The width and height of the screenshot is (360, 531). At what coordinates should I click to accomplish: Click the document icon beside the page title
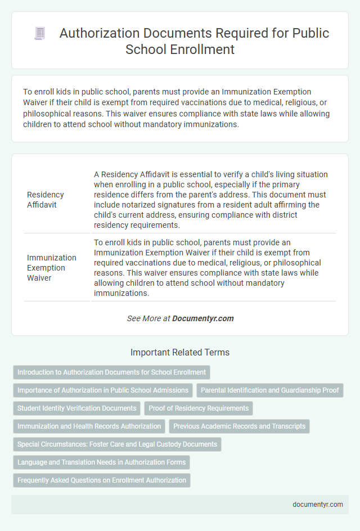click(x=40, y=34)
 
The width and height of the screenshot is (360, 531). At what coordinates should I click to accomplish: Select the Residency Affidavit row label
click(x=45, y=200)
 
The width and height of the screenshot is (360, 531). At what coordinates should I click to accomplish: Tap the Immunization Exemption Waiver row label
click(x=52, y=268)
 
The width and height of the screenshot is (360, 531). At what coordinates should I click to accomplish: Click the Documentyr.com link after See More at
click(x=202, y=318)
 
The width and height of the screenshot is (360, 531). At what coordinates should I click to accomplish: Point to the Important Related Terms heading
click(x=179, y=353)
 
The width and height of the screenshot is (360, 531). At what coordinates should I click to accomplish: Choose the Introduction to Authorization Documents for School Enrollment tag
click(x=111, y=372)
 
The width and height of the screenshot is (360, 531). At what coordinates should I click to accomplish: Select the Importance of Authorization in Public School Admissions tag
click(x=103, y=390)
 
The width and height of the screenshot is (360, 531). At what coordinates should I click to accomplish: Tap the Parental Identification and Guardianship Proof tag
click(x=269, y=390)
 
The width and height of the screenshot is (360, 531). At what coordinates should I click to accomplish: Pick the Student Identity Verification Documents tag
click(x=76, y=408)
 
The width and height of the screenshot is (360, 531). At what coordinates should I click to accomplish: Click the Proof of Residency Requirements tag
click(x=199, y=408)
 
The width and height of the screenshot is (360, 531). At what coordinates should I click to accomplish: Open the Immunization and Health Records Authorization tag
click(x=89, y=426)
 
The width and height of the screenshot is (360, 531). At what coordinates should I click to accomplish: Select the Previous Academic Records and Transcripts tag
click(x=239, y=426)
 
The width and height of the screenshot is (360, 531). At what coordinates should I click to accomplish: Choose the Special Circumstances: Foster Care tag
click(x=117, y=444)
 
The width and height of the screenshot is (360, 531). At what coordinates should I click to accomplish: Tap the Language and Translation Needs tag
click(x=101, y=462)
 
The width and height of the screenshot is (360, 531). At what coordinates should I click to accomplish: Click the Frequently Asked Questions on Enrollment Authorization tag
click(x=102, y=480)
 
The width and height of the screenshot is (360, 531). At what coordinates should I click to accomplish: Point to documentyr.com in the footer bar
click(x=318, y=505)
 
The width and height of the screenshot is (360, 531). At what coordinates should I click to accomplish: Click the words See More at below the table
click(x=148, y=318)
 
